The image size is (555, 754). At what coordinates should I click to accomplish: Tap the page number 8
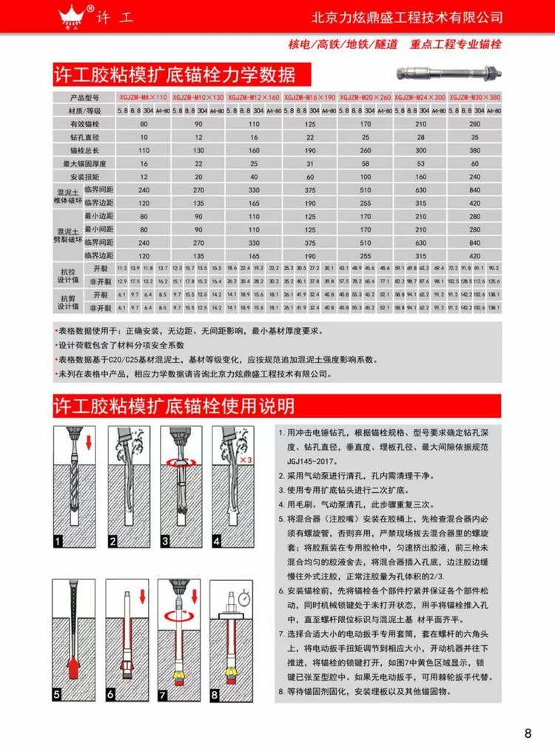[x=528, y=734]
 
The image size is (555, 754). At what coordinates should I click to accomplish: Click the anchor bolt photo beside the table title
[x=448, y=73]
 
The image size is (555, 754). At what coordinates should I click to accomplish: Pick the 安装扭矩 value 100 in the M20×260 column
[x=366, y=177]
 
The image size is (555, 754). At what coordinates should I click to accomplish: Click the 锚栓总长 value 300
[x=420, y=150]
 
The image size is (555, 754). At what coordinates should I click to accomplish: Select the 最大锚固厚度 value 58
[x=366, y=164]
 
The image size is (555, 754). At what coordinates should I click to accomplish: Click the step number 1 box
[x=58, y=542]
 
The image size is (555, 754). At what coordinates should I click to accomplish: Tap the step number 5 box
[x=58, y=694]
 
